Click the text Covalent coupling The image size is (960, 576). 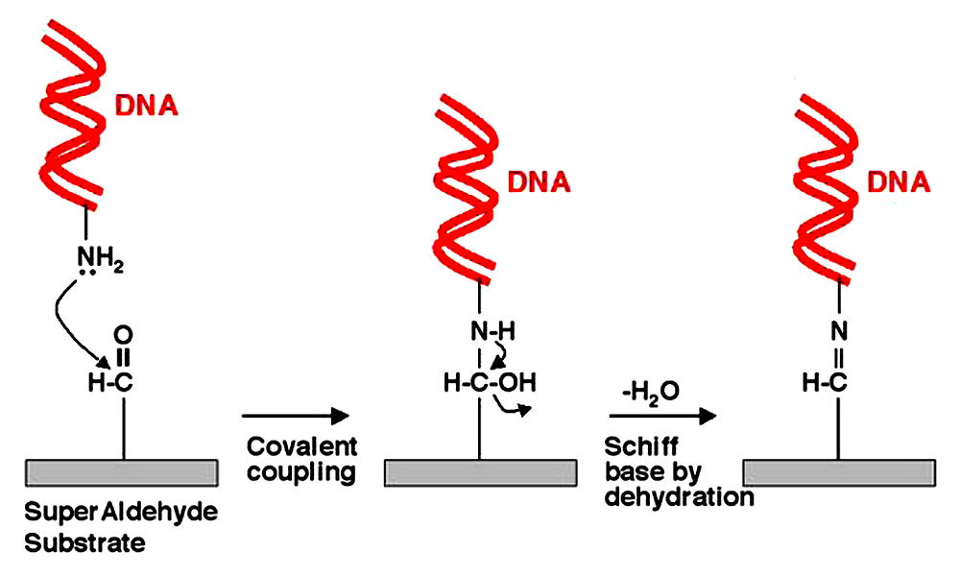click(300, 459)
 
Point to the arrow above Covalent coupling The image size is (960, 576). click(293, 416)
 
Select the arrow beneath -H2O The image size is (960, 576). click(662, 416)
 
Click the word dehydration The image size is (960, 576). click(679, 497)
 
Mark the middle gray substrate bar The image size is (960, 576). click(480, 471)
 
